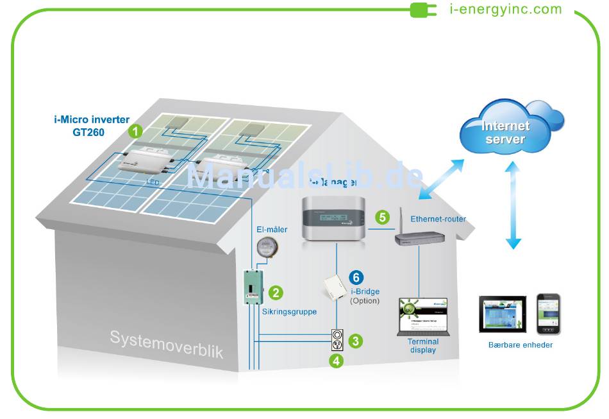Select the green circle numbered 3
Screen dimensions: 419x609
pos(356,341)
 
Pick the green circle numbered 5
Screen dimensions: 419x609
pos(383,217)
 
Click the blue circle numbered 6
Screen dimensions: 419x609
pos(357,278)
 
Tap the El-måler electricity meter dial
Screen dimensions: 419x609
pos(266,247)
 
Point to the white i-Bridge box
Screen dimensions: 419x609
pos(334,287)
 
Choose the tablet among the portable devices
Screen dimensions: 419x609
pos(503,314)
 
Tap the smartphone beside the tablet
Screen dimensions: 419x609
pos(549,314)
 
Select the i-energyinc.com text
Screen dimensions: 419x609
pos(506,9)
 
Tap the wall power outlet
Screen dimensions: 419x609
pos(336,341)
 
